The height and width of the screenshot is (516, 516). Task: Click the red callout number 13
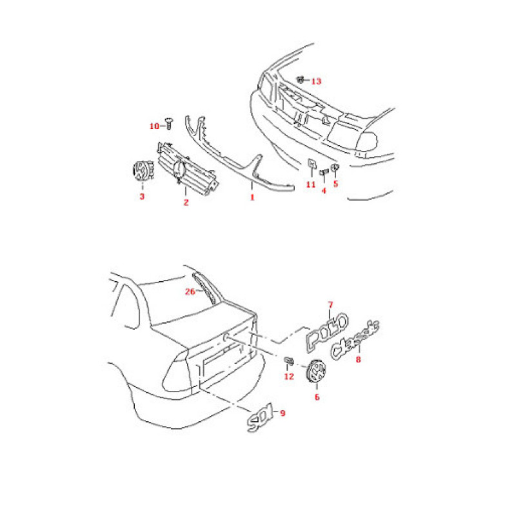pyautogui.click(x=316, y=81)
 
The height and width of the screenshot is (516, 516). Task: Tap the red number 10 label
pyautogui.click(x=154, y=126)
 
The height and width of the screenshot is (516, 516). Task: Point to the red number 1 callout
pyautogui.click(x=252, y=197)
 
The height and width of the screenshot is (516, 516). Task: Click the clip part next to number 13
pyautogui.click(x=301, y=80)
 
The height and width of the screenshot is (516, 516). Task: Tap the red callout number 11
pyautogui.click(x=310, y=184)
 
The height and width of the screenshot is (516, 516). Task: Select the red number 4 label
pyautogui.click(x=324, y=190)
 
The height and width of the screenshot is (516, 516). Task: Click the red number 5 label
pyautogui.click(x=335, y=183)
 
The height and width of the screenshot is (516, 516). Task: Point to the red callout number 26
pyautogui.click(x=190, y=291)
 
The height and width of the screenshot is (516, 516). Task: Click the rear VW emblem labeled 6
pyautogui.click(x=317, y=373)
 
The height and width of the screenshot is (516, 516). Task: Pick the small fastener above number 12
pyautogui.click(x=288, y=361)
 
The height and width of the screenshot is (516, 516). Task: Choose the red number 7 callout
pyautogui.click(x=330, y=304)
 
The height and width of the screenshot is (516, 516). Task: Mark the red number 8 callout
pyautogui.click(x=359, y=361)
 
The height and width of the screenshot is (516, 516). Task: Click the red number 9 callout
pyautogui.click(x=282, y=415)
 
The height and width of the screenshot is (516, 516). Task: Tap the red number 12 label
pyautogui.click(x=289, y=376)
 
